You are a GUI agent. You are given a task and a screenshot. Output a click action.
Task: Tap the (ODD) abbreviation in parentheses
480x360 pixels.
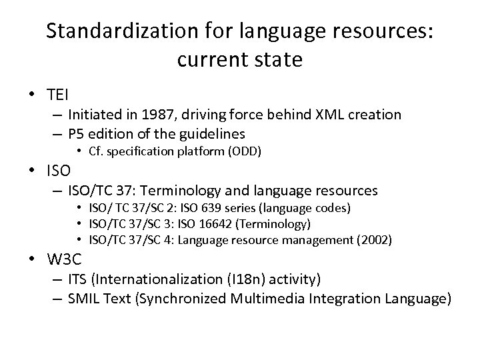[x=245, y=151]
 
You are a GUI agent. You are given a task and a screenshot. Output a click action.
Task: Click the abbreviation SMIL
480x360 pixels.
[x=85, y=298]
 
